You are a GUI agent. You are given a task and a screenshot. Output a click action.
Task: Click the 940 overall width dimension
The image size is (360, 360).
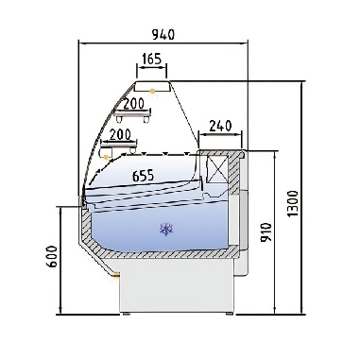pos(164,35)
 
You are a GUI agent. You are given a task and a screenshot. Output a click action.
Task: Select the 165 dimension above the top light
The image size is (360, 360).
pos(151,60)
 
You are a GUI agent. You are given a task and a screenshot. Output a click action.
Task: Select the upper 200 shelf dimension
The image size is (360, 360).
pos(134,102)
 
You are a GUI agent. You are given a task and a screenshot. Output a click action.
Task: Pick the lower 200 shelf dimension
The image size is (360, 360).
pos(120,134)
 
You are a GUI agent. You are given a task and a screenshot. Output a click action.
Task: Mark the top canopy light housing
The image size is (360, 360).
pos(151,86)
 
